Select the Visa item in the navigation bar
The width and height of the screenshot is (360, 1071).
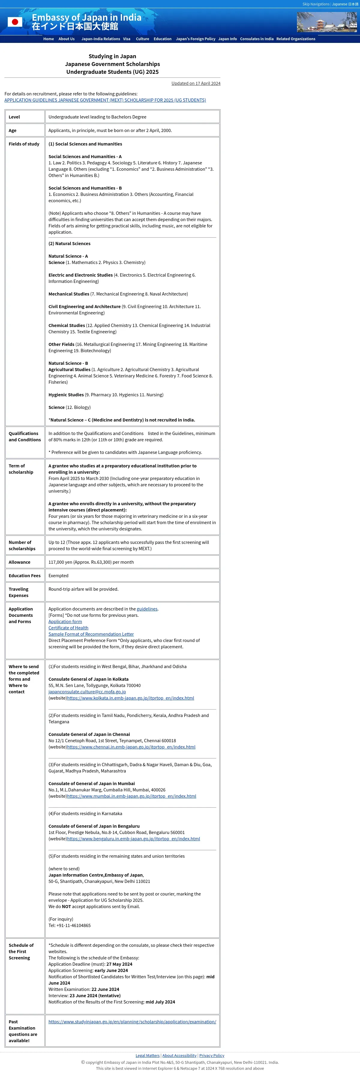(127, 39)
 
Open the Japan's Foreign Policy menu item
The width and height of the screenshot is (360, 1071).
(195, 39)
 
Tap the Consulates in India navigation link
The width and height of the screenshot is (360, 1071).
(256, 39)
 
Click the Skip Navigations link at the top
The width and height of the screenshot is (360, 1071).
(316, 4)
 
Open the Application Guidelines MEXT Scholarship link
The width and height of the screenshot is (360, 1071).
(105, 100)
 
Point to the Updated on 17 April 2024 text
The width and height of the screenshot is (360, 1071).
(196, 84)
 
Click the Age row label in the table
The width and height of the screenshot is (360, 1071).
(13, 130)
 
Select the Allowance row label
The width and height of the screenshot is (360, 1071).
(19, 562)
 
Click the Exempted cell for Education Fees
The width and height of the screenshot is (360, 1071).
(58, 576)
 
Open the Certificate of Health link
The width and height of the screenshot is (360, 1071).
(68, 628)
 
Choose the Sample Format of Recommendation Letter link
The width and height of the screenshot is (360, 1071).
(91, 634)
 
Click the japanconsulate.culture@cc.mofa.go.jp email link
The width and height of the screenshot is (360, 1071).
(87, 692)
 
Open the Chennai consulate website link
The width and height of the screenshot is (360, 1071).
(131, 747)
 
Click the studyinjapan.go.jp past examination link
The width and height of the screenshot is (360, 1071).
(132, 1021)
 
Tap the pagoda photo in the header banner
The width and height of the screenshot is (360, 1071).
(327, 22)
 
